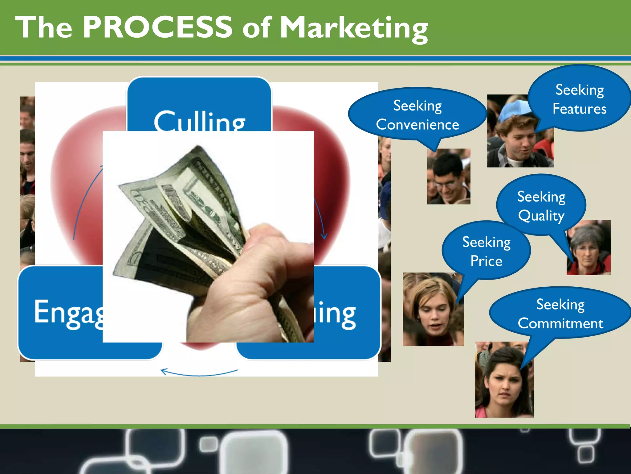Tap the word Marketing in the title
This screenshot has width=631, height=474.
(x=353, y=28)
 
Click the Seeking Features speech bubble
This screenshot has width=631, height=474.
(x=579, y=99)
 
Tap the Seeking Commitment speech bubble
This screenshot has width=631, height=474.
(x=560, y=314)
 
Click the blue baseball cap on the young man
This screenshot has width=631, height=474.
(x=515, y=110)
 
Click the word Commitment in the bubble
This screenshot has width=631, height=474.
(x=560, y=323)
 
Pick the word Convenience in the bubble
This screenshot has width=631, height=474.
(x=417, y=125)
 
